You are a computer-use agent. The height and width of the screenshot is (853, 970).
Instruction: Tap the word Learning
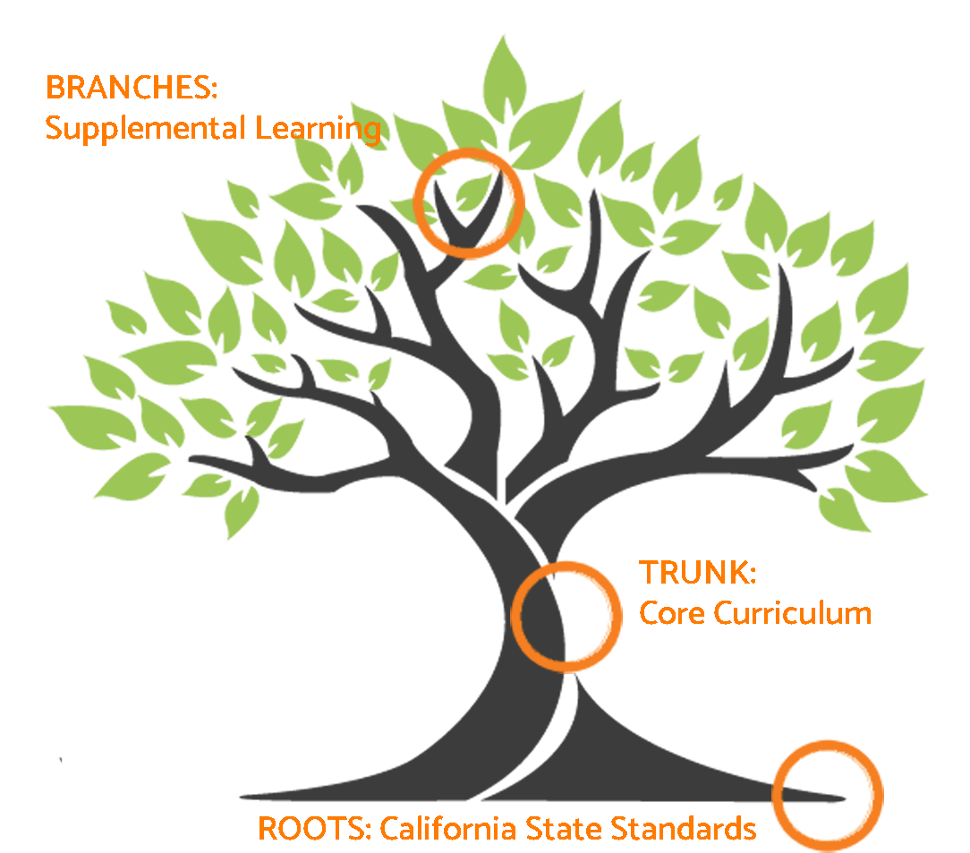point(318,129)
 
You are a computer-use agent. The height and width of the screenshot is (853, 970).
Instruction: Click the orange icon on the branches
point(468,204)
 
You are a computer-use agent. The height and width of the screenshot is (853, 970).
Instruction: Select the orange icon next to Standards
point(827,795)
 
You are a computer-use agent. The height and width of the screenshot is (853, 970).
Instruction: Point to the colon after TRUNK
point(753,574)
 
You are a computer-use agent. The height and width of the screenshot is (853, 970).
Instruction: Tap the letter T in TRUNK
point(647,572)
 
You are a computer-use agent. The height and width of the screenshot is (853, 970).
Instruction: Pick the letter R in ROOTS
point(267,828)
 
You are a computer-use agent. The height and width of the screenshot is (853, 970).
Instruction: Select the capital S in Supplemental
point(54,129)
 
